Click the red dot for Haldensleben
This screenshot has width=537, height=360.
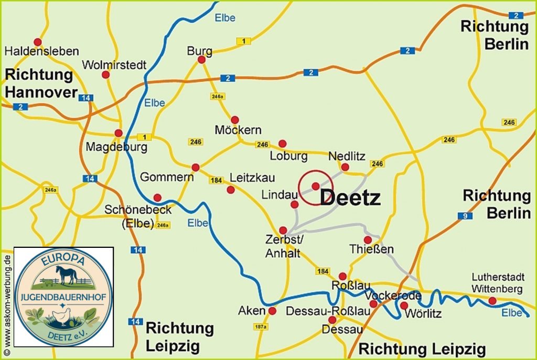point(38,42)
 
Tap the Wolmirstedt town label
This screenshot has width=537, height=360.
point(114,65)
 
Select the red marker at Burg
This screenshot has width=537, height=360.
point(201,60)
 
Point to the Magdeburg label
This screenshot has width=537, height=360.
point(116,147)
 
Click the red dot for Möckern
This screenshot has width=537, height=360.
point(235,120)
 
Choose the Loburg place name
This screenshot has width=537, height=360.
point(288,156)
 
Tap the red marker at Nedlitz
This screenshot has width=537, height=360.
point(345,167)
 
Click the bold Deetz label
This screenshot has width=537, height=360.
point(350,198)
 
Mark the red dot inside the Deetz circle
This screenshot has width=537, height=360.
point(315,186)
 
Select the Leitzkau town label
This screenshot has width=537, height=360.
point(252,178)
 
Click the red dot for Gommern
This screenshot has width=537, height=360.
point(196,167)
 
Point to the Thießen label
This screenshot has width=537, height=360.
point(372,249)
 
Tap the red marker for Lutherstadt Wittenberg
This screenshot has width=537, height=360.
point(492,300)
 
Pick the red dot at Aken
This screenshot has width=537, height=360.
point(272,311)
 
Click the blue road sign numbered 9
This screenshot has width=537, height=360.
point(465,215)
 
